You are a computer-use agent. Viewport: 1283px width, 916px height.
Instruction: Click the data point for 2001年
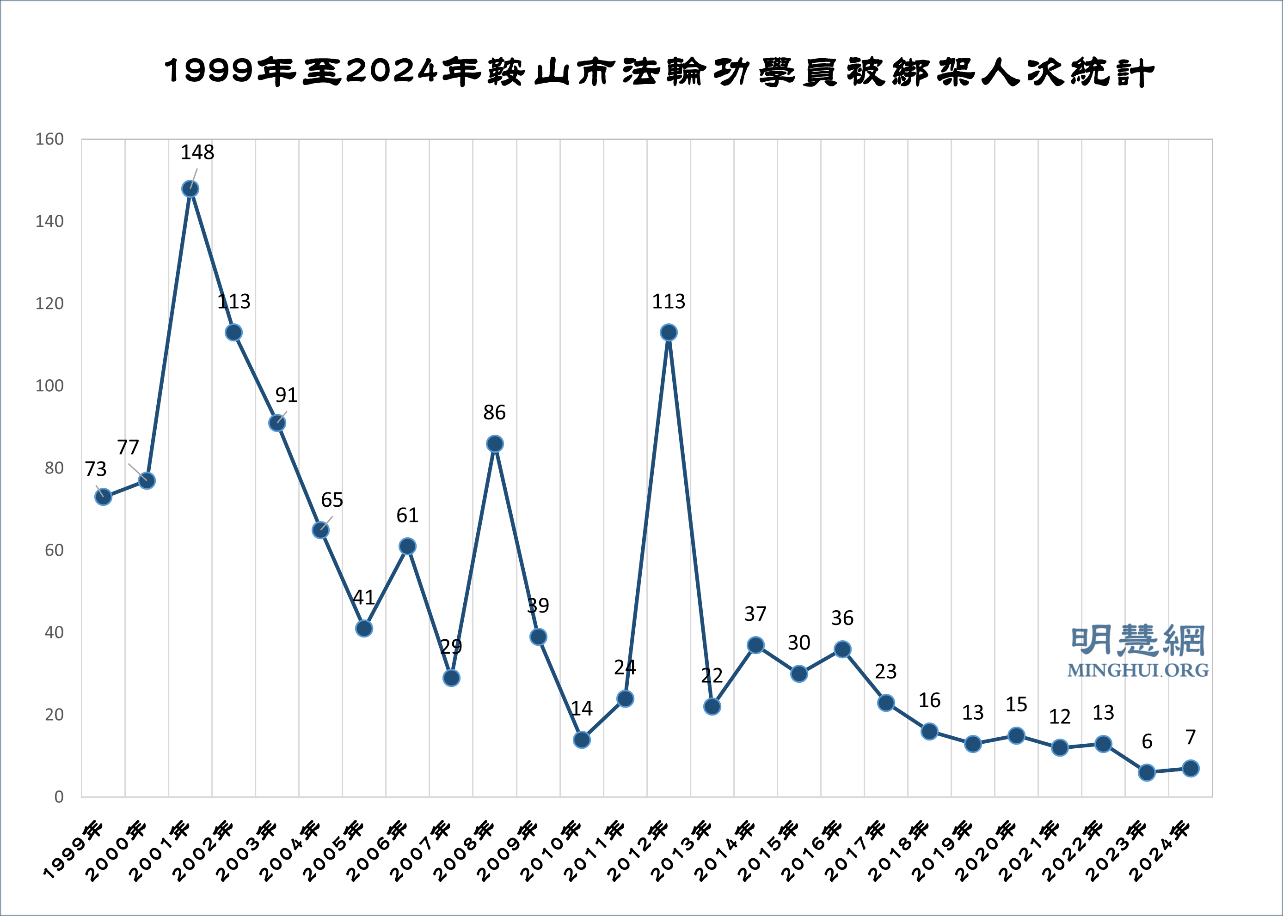click(x=190, y=189)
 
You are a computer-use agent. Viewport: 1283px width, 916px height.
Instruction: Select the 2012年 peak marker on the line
click(x=668, y=333)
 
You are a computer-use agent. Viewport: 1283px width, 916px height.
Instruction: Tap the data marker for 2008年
click(x=494, y=444)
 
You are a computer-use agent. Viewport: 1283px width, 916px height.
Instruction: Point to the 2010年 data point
click(x=581, y=740)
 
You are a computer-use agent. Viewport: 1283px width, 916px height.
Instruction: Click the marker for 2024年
click(x=1191, y=768)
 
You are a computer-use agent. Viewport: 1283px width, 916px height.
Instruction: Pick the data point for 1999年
click(x=103, y=497)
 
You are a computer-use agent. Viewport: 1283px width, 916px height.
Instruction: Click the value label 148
click(x=197, y=152)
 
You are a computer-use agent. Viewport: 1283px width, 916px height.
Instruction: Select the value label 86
click(x=494, y=413)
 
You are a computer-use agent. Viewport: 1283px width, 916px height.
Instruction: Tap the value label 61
click(x=407, y=515)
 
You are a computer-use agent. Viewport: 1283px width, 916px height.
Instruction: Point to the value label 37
click(x=755, y=614)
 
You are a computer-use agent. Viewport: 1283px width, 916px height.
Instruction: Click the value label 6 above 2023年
click(x=1147, y=741)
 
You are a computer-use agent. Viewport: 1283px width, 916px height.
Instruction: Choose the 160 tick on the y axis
click(x=49, y=140)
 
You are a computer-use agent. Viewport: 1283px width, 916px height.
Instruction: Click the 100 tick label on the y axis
click(x=49, y=386)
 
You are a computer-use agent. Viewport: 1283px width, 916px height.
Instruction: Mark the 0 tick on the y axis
click(x=59, y=797)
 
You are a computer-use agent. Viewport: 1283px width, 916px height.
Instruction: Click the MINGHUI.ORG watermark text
click(x=1138, y=670)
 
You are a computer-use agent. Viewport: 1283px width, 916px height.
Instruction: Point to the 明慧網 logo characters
click(x=1138, y=641)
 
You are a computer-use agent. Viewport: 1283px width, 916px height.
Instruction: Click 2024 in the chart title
click(x=392, y=72)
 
